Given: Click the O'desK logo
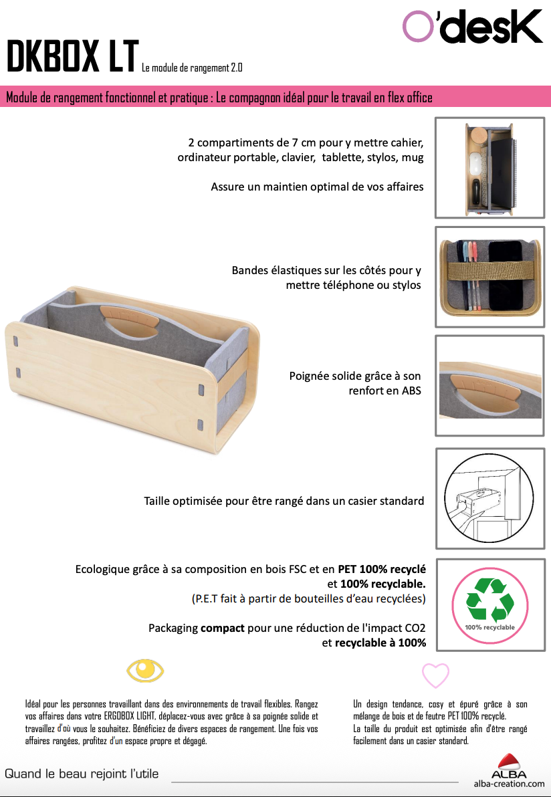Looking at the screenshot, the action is pyautogui.click(x=472, y=27).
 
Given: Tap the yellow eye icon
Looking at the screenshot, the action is pyautogui.click(x=145, y=671).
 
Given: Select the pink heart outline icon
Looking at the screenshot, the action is pyautogui.click(x=435, y=676).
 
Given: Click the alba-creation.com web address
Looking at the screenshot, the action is pyautogui.click(x=509, y=784).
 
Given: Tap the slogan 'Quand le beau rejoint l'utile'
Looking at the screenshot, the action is pyautogui.click(x=82, y=774).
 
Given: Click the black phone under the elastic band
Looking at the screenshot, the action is pyautogui.click(x=506, y=275).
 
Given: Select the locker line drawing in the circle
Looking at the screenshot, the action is pyautogui.click(x=489, y=498).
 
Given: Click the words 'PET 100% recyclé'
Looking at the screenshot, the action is pyautogui.click(x=382, y=569).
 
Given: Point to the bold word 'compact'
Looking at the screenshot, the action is pyautogui.click(x=223, y=628).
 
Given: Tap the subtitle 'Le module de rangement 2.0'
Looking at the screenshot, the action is pyautogui.click(x=192, y=68).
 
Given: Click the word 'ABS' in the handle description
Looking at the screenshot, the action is pyautogui.click(x=411, y=390).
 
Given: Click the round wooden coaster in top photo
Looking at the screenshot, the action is pyautogui.click(x=479, y=136).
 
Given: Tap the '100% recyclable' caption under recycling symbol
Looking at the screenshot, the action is pyautogui.click(x=489, y=627).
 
